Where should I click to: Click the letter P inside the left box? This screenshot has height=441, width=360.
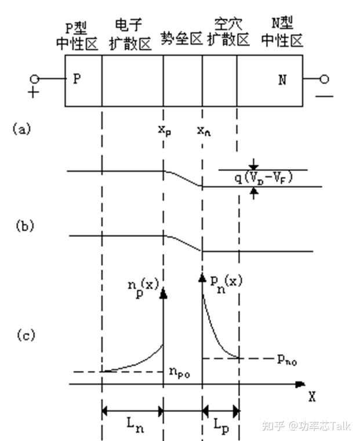[77, 79]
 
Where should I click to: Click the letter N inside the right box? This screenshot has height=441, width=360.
[282, 80]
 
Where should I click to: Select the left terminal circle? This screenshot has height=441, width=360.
[35, 79]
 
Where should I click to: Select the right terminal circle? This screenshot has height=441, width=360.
[325, 79]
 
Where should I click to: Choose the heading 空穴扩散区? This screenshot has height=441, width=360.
[228, 32]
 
